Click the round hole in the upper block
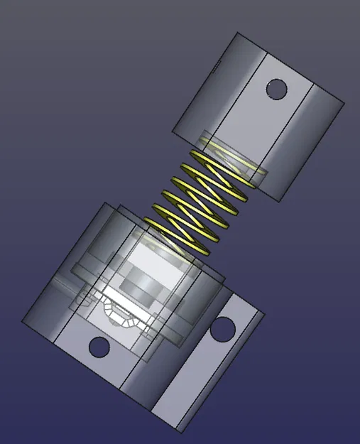[x=276, y=90]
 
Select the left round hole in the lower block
[x=99, y=347]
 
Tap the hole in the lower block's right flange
[x=222, y=327]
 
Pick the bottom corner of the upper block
[x=283, y=201]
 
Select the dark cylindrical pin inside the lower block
[x=140, y=288]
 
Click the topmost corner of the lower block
[x=107, y=203]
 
